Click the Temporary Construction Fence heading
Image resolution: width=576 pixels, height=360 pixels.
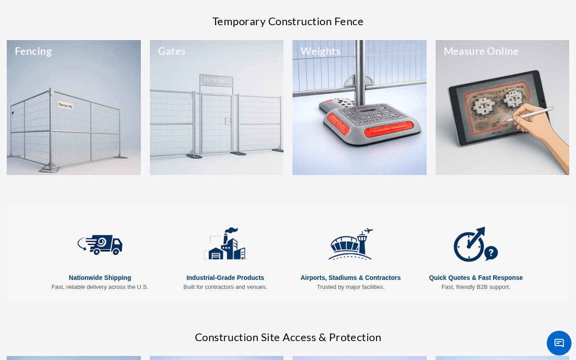[288, 22]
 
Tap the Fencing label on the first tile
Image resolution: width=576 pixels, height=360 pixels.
[33, 51]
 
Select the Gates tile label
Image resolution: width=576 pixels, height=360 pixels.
[171, 51]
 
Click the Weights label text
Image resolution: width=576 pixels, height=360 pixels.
[320, 51]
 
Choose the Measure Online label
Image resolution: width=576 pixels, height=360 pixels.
[481, 51]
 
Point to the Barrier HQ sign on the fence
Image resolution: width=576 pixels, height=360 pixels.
[65, 105]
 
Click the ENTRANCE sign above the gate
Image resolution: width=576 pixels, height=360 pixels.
[217, 81]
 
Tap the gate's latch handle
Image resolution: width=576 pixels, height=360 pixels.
[228, 121]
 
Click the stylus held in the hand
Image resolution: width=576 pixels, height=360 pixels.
[530, 114]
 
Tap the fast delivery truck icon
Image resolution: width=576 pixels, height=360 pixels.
[100, 244]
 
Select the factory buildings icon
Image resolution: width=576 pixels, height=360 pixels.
[225, 243]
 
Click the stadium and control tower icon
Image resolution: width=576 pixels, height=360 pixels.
[351, 244]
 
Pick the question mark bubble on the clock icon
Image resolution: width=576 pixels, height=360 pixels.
[491, 253]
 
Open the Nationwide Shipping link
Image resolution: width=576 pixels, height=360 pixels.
[100, 278]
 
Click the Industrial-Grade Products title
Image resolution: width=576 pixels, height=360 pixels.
[225, 278]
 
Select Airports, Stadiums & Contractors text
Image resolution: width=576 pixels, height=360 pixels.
[351, 278]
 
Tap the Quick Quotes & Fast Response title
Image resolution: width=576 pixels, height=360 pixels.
[476, 278]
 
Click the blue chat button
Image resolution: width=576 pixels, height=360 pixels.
[559, 343]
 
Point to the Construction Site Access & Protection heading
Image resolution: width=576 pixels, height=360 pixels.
[288, 337]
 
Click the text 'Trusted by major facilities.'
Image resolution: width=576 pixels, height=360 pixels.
[351, 287]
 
